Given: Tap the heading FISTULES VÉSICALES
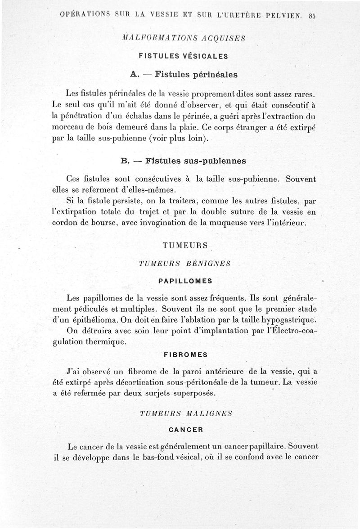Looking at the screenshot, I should pyautogui.click(x=183, y=56).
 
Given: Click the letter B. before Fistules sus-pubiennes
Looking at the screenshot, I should pyautogui.click(x=125, y=160).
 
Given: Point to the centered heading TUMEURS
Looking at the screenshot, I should pyautogui.click(x=184, y=246).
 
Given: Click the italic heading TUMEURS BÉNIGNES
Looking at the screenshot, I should pyautogui.click(x=185, y=264).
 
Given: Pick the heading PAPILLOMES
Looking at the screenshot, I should pyautogui.click(x=185, y=281).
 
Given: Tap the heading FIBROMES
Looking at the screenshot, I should pyautogui.click(x=185, y=354).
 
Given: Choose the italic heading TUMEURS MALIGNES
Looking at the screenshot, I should pyautogui.click(x=186, y=412).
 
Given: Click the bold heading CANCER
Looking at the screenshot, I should pyautogui.click(x=186, y=429).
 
